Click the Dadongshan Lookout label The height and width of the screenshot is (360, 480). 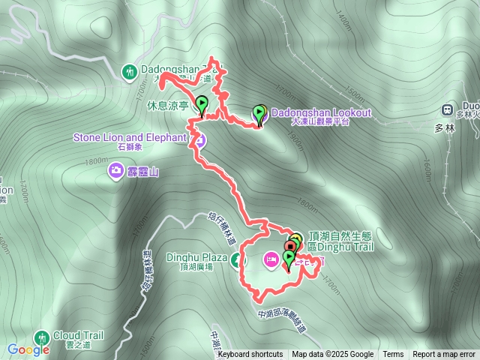[x=320, y=112]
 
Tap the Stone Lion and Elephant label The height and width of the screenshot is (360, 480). [x=129, y=137]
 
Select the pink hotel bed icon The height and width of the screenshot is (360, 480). [x=271, y=259]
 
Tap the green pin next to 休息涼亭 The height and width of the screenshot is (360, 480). [x=202, y=103]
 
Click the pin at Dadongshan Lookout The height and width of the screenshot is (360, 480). [x=259, y=114]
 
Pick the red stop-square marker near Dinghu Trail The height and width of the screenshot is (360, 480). [x=290, y=246]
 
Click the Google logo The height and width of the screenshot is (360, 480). [x=28, y=349]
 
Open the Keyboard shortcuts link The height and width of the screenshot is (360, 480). [x=250, y=355]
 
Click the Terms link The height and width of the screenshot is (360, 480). [x=393, y=355]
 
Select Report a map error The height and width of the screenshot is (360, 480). [x=444, y=355]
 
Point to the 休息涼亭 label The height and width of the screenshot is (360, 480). [x=169, y=106]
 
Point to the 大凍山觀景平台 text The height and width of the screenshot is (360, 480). [x=319, y=121]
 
